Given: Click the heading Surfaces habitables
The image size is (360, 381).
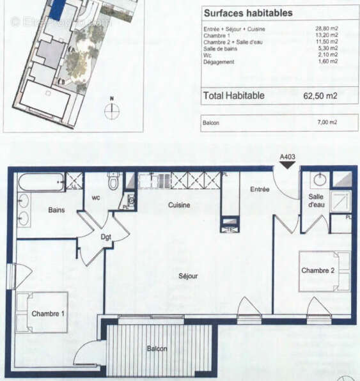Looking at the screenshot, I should coord(239,13).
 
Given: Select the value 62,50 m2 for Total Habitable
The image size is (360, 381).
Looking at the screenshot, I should coord(320,96).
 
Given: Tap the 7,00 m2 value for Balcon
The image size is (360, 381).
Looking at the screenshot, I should coord(329,122).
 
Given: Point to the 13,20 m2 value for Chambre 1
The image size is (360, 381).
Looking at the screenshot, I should coord(328,36).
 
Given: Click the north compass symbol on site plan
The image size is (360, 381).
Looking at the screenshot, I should coord(112,110).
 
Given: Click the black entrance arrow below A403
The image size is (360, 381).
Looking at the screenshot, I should coord(287,164).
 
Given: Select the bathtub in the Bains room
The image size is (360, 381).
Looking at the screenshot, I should coord(41,183).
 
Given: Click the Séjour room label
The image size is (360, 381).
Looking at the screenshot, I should coord(188,276).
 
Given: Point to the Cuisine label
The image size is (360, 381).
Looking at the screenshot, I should coord(179,205).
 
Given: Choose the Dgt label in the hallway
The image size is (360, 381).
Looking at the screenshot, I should coord(106,237).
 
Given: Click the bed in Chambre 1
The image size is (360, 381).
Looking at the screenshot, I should coord(42,312).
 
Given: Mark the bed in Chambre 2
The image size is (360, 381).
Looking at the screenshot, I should coord(324,271).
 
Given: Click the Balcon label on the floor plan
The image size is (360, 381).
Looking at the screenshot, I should coord(157,348).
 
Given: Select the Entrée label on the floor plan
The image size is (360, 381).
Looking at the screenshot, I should coord(260,189).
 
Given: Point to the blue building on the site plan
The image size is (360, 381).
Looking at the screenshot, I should coord(58,9).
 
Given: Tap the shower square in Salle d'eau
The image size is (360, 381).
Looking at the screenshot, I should coord(340,201).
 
